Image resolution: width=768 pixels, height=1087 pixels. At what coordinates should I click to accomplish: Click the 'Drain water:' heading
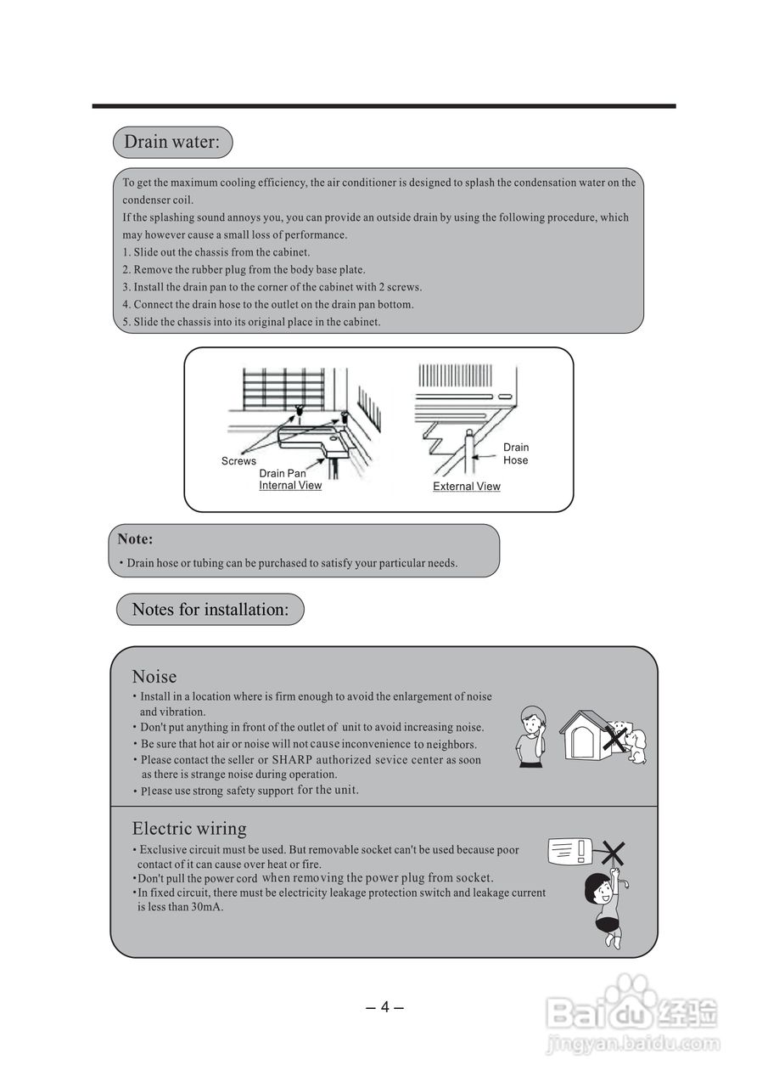[x=172, y=142]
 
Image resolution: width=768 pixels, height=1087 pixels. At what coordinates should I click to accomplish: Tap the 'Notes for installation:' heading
[x=210, y=610]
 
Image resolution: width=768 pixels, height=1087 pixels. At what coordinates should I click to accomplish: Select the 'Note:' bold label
[x=135, y=539]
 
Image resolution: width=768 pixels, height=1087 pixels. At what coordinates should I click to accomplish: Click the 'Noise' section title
[x=154, y=677]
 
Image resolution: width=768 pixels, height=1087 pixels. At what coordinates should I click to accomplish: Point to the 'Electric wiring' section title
[x=189, y=829]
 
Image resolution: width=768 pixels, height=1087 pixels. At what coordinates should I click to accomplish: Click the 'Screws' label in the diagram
[x=238, y=461]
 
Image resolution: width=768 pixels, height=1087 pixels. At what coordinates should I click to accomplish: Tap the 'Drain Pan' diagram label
[x=283, y=473]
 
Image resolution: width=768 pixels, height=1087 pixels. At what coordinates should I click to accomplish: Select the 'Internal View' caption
[x=290, y=486]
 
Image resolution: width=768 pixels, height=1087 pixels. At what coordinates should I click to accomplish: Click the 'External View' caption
[x=467, y=487]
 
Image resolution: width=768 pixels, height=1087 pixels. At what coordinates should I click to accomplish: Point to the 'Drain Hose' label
[x=515, y=453]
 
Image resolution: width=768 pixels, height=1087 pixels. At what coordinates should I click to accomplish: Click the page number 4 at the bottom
[x=384, y=1007]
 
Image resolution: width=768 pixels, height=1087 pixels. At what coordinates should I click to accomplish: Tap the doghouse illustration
[x=586, y=735]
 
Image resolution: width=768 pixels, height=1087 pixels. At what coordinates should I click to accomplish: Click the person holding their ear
[x=531, y=736]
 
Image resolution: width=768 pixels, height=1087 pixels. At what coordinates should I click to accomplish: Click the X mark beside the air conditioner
[x=614, y=852]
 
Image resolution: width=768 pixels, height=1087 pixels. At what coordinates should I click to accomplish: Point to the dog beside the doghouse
[x=633, y=743]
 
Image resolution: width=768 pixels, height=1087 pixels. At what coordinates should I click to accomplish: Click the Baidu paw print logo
[x=629, y=994]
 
